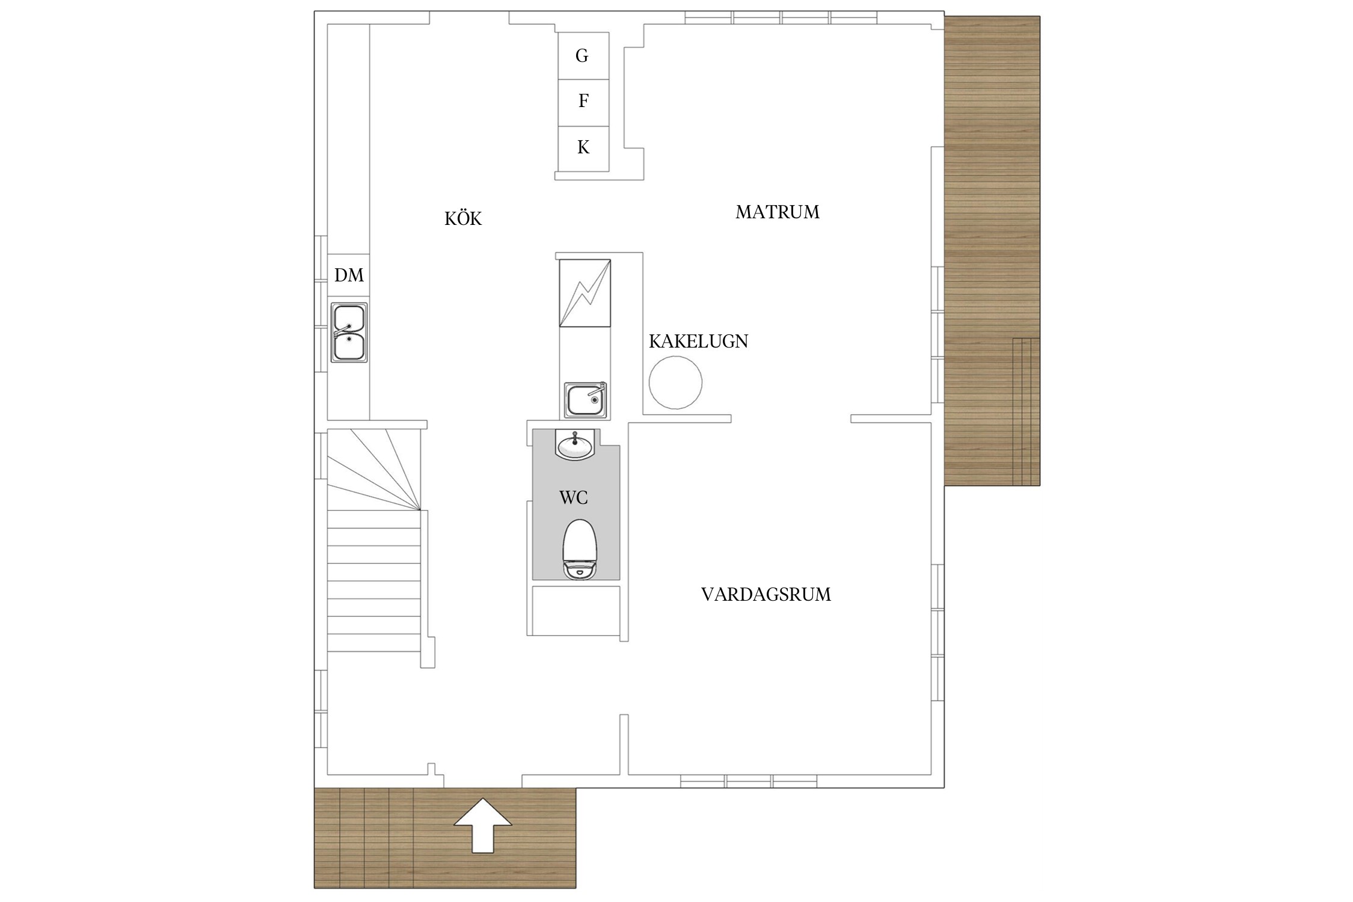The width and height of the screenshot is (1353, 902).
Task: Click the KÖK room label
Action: [463, 218]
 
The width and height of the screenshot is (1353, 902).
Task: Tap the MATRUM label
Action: [778, 212]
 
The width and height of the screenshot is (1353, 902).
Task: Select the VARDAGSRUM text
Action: [766, 595]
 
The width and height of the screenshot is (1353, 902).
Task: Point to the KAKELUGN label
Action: [698, 342]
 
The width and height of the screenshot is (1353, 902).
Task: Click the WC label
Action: [573, 498]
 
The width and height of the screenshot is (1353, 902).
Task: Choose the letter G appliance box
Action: [583, 56]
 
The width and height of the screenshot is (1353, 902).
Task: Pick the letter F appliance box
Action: [583, 102]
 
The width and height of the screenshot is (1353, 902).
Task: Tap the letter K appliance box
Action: [583, 149]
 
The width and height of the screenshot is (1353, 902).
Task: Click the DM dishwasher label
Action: [349, 275]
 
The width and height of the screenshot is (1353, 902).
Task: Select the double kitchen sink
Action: [349, 332]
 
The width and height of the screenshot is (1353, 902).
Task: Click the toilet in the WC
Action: [579, 549]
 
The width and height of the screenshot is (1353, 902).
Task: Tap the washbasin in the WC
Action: [575, 445]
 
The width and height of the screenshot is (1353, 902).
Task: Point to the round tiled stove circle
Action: [675, 382]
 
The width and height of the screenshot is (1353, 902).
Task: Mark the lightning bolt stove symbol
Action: [584, 293]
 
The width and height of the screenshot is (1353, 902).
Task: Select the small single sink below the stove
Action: [585, 399]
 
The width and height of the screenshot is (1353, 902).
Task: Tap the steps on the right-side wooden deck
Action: [1026, 411]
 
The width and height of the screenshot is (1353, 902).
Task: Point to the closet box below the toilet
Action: [576, 610]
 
